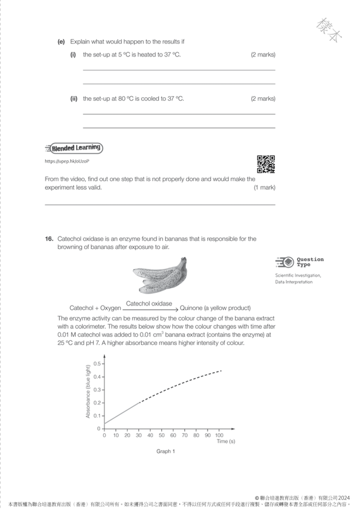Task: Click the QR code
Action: pyautogui.click(x=266, y=164)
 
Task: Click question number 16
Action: pyautogui.click(x=49, y=239)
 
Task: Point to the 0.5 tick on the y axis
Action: pyautogui.click(x=97, y=364)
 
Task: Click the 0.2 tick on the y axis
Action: pyautogui.click(x=97, y=403)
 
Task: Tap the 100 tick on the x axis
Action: pyautogui.click(x=219, y=435)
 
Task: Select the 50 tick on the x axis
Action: pyautogui.click(x=161, y=435)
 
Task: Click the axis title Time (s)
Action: pyautogui.click(x=226, y=441)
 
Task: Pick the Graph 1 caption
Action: pyautogui.click(x=166, y=451)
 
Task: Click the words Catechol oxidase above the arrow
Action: pyautogui.click(x=149, y=304)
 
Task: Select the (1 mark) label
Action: pyautogui.click(x=264, y=187)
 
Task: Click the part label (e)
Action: pyautogui.click(x=61, y=41)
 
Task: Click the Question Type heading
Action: pyautogui.click(x=310, y=262)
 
